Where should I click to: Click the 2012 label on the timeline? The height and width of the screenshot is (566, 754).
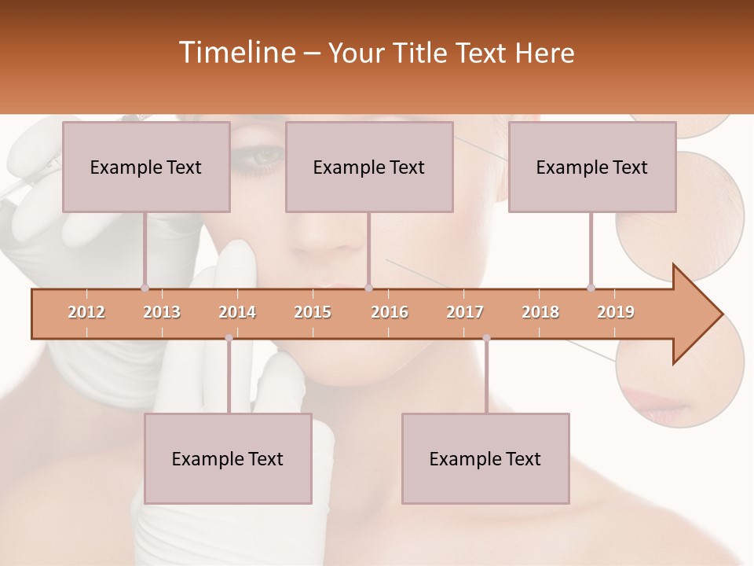coord(86,312)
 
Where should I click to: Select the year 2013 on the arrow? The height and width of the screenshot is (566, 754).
coord(162,312)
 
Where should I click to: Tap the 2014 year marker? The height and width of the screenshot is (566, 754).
coord(237,312)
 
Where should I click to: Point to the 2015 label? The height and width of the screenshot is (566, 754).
coord(313,312)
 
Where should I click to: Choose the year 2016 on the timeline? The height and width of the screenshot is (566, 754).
coord(390,312)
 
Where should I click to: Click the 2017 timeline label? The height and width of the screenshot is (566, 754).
coord(465,312)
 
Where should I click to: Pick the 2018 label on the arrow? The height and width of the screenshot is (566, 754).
coord(540,312)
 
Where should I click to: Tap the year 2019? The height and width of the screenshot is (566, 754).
coord(616,312)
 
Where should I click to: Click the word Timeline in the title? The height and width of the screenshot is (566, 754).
coord(236,53)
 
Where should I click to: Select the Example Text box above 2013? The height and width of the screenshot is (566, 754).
coord(146,167)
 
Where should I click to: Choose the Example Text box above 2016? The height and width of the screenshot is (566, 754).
coord(369,167)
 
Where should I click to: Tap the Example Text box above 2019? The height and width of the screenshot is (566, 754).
coord(592,167)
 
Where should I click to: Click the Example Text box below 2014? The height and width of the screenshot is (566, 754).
coord(228,458)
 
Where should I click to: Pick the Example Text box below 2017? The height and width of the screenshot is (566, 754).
coord(485,458)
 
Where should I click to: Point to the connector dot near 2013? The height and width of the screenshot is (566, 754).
coord(145,288)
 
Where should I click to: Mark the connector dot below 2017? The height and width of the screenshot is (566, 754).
coord(486,338)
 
